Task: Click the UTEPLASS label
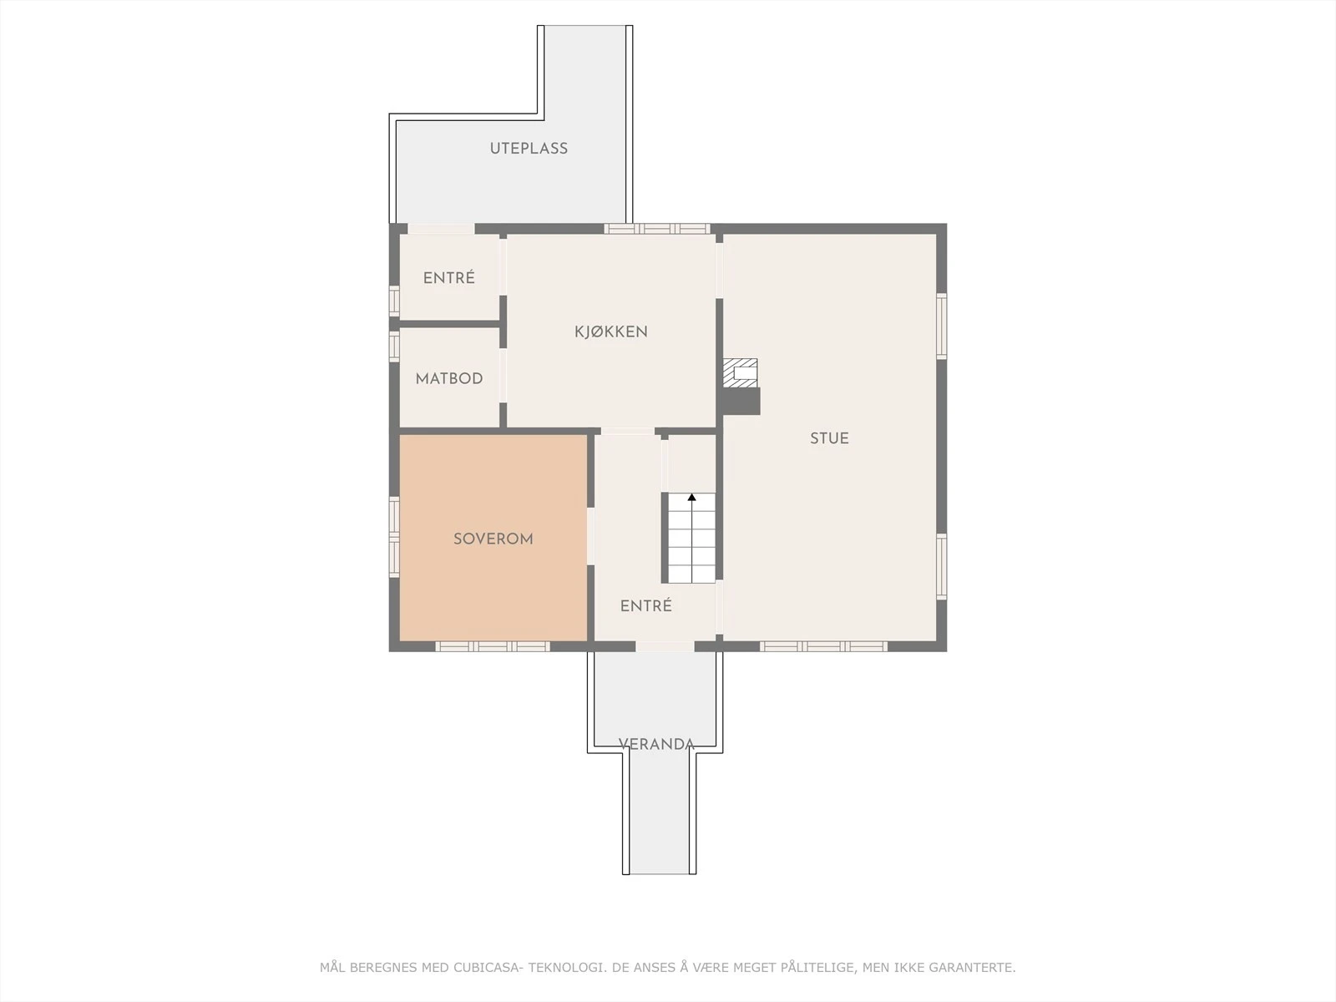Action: click(529, 149)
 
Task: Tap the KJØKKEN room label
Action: click(610, 331)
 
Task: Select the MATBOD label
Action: click(449, 378)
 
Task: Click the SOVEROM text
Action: click(493, 539)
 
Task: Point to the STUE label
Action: click(829, 438)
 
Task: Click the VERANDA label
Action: click(656, 744)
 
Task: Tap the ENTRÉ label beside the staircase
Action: click(645, 606)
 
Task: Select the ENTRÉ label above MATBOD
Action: click(448, 278)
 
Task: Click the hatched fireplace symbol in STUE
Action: click(741, 372)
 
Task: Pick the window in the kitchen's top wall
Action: click(657, 229)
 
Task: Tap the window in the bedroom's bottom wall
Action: click(493, 646)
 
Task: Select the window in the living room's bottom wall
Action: click(823, 646)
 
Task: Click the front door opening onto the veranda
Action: click(665, 646)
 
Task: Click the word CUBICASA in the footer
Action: click(487, 968)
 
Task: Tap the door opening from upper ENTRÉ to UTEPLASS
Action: click(441, 229)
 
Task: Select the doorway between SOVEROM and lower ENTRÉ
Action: click(590, 536)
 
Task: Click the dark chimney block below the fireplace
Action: click(741, 401)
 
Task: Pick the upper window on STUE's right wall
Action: click(941, 326)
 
